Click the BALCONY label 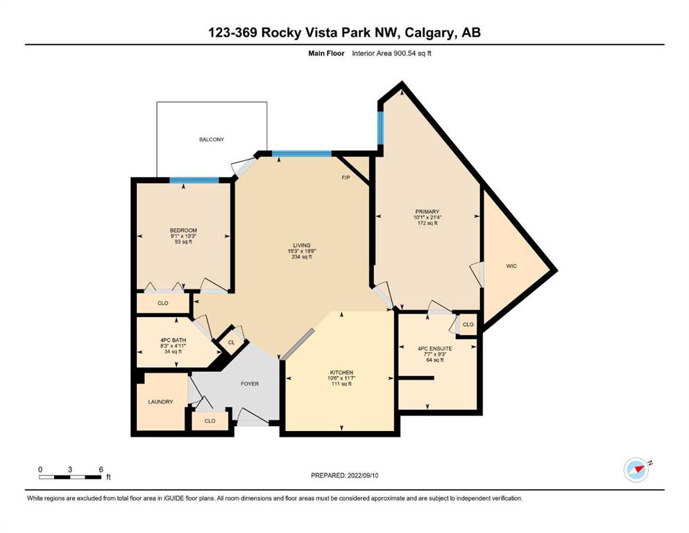tap(212, 139)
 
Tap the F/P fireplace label tap(346, 178)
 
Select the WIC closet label tap(511, 266)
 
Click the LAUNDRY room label tap(160, 402)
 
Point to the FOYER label tap(250, 384)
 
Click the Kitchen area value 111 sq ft tap(341, 384)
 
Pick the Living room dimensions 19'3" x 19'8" tap(302, 251)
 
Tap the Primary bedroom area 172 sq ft tap(427, 223)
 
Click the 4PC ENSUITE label tap(434, 348)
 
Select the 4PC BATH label tap(173, 340)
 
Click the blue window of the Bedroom tap(194, 180)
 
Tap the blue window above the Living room tap(301, 154)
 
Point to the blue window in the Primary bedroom tap(380, 128)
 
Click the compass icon tap(636, 469)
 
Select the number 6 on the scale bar tap(101, 469)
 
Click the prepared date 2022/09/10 tap(363, 475)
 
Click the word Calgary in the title tap(429, 33)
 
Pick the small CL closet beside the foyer tap(231, 342)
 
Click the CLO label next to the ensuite tap(468, 324)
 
